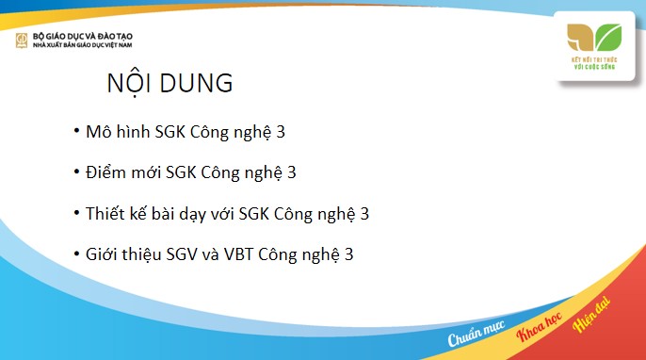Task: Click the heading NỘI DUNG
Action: point(170,83)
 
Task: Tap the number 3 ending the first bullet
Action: point(281,132)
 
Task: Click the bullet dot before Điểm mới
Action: point(75,172)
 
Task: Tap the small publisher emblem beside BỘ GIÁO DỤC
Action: point(20,40)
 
